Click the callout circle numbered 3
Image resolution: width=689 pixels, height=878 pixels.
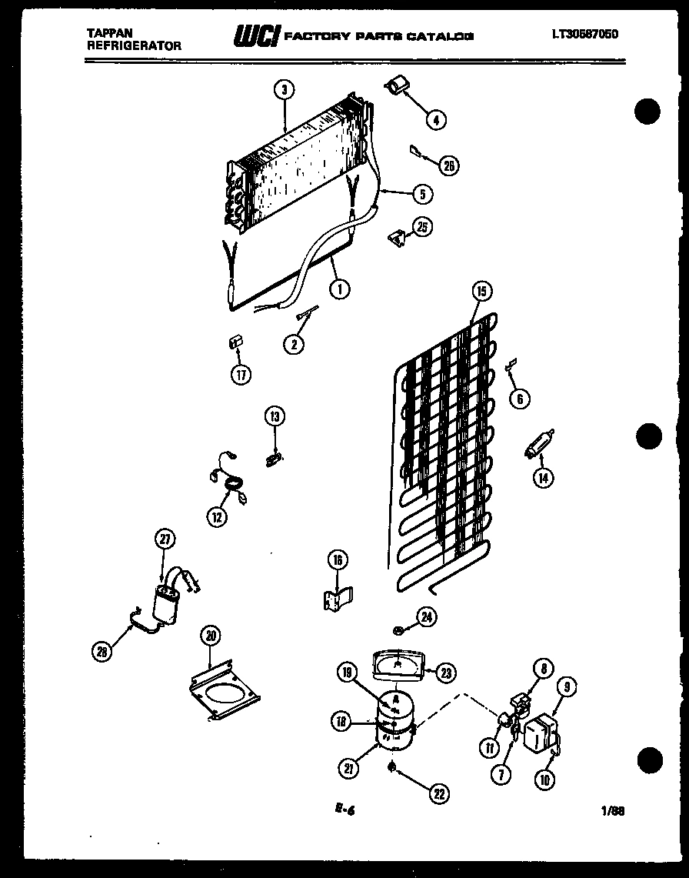(x=285, y=90)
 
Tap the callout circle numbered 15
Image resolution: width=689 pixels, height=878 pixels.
(x=481, y=292)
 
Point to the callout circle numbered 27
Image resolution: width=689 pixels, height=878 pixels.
(x=164, y=539)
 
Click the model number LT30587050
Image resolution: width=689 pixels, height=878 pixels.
(x=585, y=35)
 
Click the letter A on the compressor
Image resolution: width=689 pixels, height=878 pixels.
(x=395, y=699)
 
